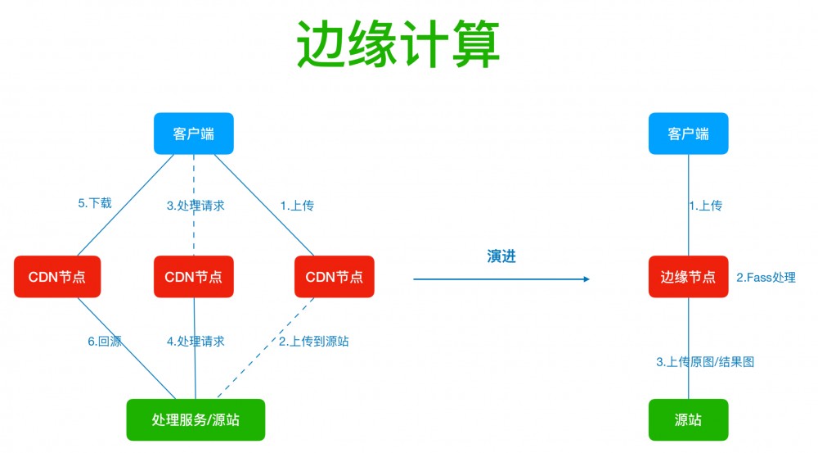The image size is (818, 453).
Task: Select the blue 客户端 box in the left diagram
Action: point(194,134)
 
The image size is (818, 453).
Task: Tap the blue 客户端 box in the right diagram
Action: point(688,134)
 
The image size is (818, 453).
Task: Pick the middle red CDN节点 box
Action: point(194,277)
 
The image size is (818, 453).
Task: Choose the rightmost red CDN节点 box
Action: point(335,277)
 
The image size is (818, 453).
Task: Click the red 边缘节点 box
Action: point(688,277)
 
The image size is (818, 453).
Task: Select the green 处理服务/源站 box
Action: point(196,419)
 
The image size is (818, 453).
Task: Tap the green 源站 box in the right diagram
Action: point(688,419)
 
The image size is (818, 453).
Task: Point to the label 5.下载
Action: point(95,203)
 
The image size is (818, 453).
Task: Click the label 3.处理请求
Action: point(196,206)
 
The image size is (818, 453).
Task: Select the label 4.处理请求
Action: point(196,341)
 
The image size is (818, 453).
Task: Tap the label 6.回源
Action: point(104,341)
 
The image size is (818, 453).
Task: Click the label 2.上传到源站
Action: point(314,341)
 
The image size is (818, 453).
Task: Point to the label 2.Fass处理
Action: point(766,278)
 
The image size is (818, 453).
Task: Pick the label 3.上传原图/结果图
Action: point(705,360)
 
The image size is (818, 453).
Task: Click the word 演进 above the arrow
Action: point(501,256)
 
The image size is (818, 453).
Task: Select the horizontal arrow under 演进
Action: point(501,279)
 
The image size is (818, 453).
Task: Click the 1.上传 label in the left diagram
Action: point(296,206)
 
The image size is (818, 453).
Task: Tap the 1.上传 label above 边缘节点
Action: point(705,206)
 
